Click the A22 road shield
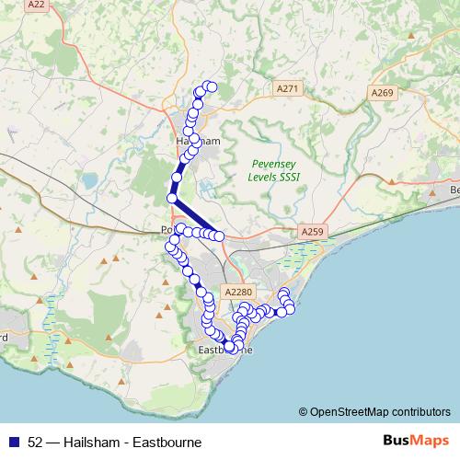point(36,5)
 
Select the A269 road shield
point(383,93)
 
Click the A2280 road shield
point(238,292)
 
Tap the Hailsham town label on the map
point(197,141)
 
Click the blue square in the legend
point(14,442)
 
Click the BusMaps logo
point(417,441)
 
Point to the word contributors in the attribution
point(419,411)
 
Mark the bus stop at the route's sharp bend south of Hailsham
point(172,198)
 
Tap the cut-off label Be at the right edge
point(454,190)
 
